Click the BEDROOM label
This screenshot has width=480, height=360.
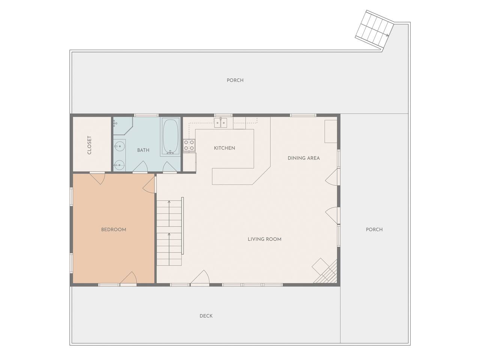(x=114, y=229)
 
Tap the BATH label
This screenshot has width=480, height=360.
(x=143, y=150)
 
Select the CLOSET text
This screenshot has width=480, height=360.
(x=89, y=145)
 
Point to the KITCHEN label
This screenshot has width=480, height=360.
(x=224, y=148)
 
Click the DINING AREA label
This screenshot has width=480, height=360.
(x=303, y=158)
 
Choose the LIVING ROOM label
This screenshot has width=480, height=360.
(x=264, y=239)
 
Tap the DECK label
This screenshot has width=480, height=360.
(x=206, y=316)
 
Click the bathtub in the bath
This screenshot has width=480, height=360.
(x=171, y=137)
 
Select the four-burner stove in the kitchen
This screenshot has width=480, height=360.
(x=189, y=145)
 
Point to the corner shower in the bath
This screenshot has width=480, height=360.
(x=123, y=126)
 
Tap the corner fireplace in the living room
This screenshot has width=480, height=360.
(x=325, y=271)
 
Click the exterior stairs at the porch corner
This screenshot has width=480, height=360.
(x=374, y=31)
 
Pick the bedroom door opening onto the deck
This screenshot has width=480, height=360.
(x=128, y=278)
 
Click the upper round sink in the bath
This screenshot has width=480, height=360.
(x=119, y=146)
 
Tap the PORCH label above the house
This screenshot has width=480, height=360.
(x=235, y=80)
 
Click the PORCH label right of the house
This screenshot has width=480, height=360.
(x=374, y=229)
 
